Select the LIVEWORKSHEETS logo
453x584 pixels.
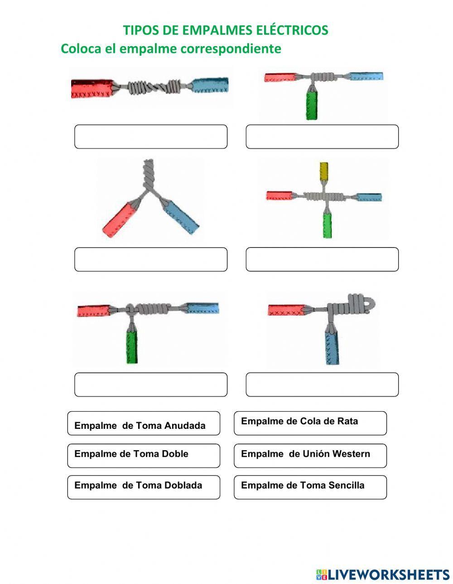tap(383, 575)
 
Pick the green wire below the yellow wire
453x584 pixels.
tap(327, 225)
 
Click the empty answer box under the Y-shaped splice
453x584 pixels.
tap(151, 259)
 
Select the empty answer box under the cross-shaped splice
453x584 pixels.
tap(322, 259)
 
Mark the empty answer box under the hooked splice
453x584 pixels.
tap(322, 385)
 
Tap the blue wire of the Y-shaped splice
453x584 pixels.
tap(181, 216)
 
